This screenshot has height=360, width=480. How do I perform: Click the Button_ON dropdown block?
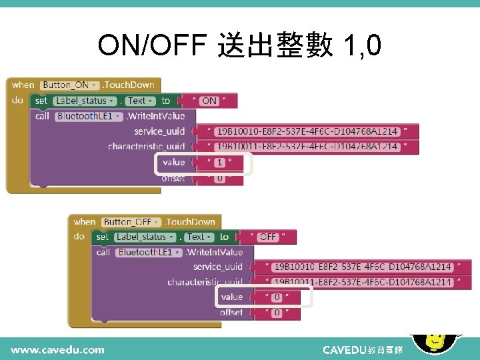click(x=70, y=85)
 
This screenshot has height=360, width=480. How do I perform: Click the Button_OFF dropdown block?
click(x=131, y=222)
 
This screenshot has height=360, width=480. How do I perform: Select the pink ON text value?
click(x=209, y=101)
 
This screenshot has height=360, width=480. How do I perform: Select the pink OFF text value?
click(x=268, y=237)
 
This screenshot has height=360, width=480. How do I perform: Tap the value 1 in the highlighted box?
click(x=220, y=162)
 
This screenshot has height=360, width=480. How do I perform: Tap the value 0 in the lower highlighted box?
click(x=277, y=297)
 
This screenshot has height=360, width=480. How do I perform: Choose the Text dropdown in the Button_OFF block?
click(x=198, y=237)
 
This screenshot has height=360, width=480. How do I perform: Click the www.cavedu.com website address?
click(x=57, y=349)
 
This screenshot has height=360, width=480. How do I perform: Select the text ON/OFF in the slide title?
click(x=152, y=45)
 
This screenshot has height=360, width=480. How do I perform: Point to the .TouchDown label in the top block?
click(x=129, y=85)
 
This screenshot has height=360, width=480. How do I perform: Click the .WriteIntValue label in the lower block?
click(x=214, y=252)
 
